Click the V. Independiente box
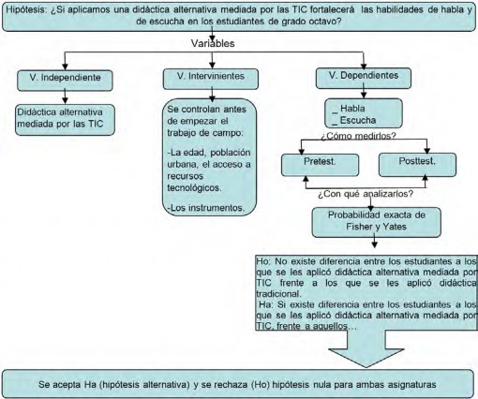click(65, 81)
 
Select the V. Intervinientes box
click(211, 79)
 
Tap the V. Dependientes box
click(364, 78)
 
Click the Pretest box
click(320, 165)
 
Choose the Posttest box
click(417, 165)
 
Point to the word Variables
click(213, 43)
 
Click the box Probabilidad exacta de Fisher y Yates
click(377, 222)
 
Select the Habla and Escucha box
click(364, 113)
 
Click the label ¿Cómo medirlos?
click(359, 136)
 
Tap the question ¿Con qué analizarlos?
click(366, 194)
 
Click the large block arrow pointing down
click(366, 348)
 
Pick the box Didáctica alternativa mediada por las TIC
click(65, 120)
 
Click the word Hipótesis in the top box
click(26, 9)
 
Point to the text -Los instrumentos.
click(206, 208)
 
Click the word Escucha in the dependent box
click(358, 120)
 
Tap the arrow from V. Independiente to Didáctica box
click(65, 96)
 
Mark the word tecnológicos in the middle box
click(194, 188)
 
